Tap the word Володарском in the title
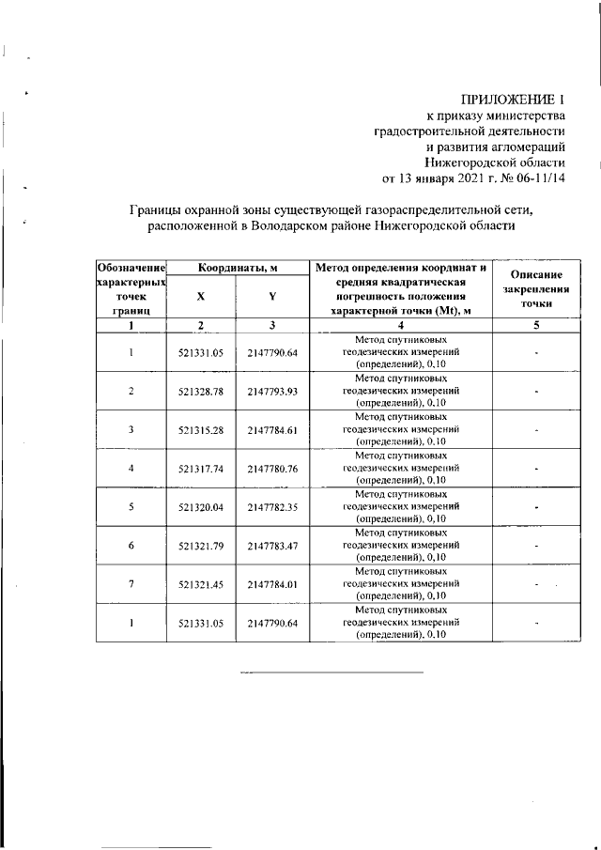[x=277, y=226]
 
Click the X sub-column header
[x=200, y=295]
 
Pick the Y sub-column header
[x=272, y=295]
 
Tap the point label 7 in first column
[x=131, y=584]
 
